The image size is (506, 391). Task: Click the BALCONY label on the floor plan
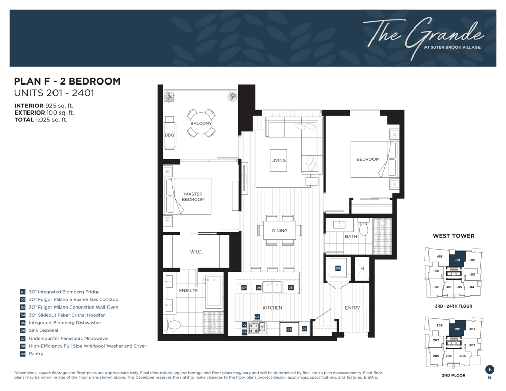click(201, 123)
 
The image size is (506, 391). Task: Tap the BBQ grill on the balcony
click(170, 132)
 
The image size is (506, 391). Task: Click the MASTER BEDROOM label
click(193, 197)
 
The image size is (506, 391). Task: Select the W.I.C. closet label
click(196, 252)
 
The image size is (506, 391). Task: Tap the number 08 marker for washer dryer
click(338, 268)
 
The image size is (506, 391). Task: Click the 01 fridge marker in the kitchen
click(289, 329)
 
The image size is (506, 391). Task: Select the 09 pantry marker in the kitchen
click(304, 329)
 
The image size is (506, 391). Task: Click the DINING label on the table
click(279, 231)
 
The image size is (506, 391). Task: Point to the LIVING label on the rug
click(278, 160)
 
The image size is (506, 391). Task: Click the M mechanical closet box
click(362, 269)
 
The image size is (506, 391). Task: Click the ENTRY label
click(353, 308)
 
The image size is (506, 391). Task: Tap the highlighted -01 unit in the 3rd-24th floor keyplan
click(457, 259)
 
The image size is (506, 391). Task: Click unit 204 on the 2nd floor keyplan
click(462, 356)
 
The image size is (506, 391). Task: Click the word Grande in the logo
click(445, 36)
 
